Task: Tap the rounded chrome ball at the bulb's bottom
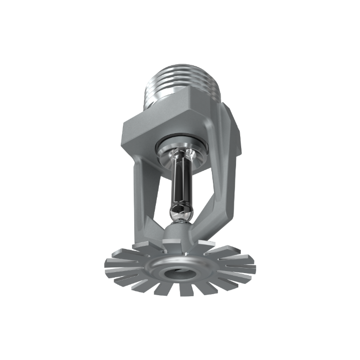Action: point(181,212)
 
